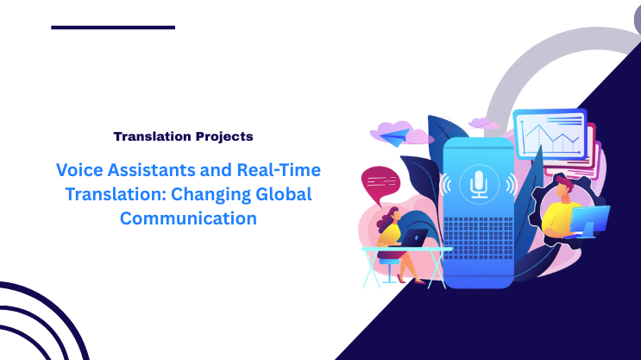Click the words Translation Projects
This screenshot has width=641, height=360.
tap(183, 136)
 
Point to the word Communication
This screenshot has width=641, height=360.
tap(188, 218)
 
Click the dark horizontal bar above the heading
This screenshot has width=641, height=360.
tap(113, 28)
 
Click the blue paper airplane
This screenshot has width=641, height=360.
tap(390, 134)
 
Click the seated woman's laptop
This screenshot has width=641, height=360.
tap(417, 237)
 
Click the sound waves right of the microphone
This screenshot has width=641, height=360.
tap(510, 184)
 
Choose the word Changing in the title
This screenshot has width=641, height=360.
tap(195, 193)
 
